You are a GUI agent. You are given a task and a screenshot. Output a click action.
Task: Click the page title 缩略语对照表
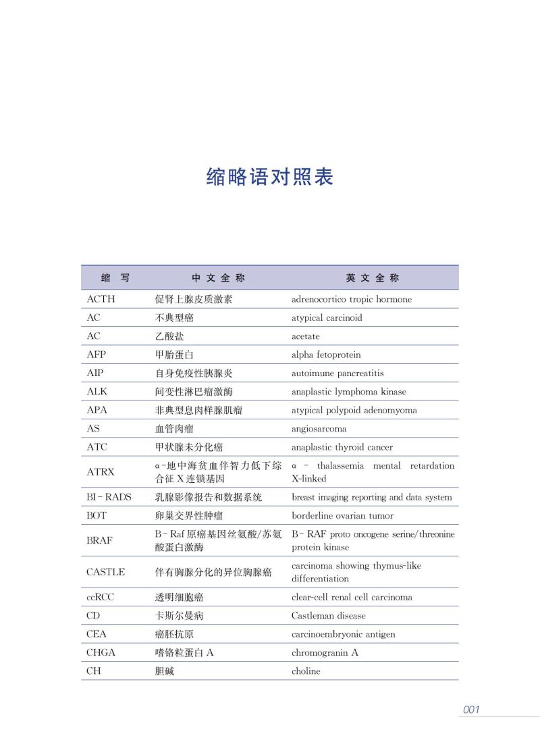click(270, 177)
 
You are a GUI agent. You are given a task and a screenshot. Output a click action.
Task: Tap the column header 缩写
click(115, 278)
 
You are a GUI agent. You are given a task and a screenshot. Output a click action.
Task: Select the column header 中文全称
click(218, 278)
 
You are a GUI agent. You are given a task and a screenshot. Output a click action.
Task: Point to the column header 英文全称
click(373, 278)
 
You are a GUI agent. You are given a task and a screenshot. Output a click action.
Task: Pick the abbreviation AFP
click(97, 355)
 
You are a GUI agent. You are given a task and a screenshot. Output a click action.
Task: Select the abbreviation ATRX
click(101, 472)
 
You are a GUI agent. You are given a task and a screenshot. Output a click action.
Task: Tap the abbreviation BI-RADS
click(109, 497)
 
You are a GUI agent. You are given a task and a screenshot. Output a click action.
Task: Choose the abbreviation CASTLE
click(106, 572)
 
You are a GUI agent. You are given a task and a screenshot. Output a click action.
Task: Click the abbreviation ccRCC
click(101, 597)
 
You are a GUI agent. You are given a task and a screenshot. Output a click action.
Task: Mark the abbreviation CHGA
click(101, 652)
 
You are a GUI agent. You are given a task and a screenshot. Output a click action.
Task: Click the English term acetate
click(306, 336)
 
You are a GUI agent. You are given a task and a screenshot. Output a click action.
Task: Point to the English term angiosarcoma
click(319, 429)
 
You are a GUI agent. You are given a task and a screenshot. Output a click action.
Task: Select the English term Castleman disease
click(329, 616)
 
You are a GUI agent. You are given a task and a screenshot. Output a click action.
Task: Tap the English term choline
click(306, 671)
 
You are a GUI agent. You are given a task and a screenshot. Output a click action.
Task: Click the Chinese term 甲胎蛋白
click(175, 355)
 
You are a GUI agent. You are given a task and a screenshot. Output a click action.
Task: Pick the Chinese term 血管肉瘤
click(175, 429)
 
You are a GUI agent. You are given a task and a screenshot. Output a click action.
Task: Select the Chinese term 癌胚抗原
click(175, 634)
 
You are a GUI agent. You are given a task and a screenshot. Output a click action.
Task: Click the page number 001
click(470, 709)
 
